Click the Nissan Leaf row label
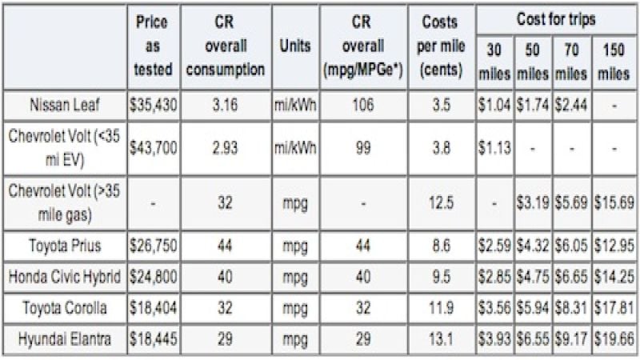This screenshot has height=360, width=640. coord(65,105)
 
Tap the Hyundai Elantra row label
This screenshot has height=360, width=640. coord(65,339)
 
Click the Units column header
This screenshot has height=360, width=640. coord(295,46)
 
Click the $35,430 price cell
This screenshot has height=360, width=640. coord(153,105)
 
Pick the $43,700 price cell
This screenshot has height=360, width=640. coord(153,143)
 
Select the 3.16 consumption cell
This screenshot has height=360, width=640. coord(230,105)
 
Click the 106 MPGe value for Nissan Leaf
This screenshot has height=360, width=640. coord(363,105)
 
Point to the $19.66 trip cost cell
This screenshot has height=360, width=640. coord(615,339)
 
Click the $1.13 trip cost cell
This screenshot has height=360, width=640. coord(495,143)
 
